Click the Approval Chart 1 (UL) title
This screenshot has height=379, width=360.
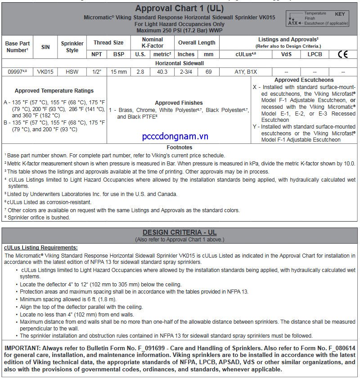click(179, 9)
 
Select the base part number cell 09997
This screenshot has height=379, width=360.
click(17, 71)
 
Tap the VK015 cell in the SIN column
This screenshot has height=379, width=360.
click(45, 71)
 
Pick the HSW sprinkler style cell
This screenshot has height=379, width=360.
click(72, 71)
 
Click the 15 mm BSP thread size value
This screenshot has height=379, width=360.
click(119, 71)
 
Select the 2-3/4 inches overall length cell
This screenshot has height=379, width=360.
click(187, 71)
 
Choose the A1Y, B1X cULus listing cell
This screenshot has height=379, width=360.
click(246, 71)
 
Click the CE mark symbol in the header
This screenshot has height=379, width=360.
click(343, 54)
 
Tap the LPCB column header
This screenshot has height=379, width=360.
click(315, 54)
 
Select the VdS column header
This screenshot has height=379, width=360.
click(286, 54)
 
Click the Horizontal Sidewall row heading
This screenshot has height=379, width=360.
click(179, 63)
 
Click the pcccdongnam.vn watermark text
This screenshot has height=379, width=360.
click(175, 136)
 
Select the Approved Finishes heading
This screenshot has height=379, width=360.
click(179, 103)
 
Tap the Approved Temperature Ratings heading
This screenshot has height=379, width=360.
click(54, 91)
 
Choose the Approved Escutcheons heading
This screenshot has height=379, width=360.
click(304, 80)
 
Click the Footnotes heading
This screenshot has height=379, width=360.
click(179, 147)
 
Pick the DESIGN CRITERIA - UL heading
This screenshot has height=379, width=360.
click(179, 232)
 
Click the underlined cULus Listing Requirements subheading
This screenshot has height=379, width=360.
click(40, 248)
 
